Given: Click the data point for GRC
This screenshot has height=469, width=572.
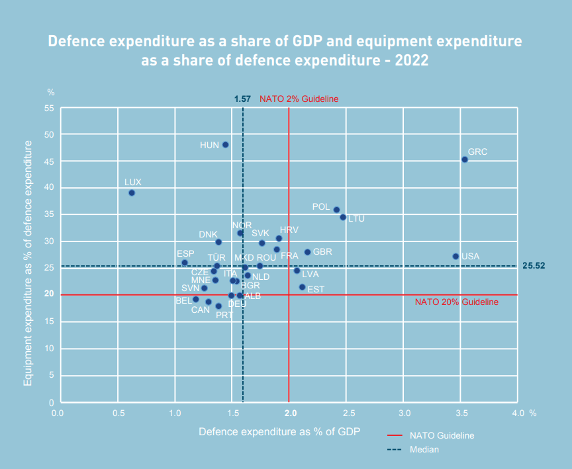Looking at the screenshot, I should point(465,159).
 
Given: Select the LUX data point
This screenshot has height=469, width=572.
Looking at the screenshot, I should point(132,193).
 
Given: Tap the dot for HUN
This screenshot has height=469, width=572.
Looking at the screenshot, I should point(225,145).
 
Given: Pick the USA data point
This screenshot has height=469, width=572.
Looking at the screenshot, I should point(455,256).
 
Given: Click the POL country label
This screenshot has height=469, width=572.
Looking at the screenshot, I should point(321,207).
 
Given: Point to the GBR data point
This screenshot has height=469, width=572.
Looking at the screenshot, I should point(307,252).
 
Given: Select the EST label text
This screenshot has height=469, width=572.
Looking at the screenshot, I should point(316,289).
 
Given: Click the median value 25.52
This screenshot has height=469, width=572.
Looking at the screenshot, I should point(533,266).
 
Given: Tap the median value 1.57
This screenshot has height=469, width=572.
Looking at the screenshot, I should point(242,99).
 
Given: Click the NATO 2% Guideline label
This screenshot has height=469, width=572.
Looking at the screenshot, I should point(299,99).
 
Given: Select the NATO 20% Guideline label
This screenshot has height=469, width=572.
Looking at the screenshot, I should point(456,302).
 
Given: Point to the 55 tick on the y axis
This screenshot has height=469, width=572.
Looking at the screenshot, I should point(49,108).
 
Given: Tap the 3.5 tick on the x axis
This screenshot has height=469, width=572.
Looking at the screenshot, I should point(461,413).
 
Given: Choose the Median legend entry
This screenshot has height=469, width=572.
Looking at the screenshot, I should point(424,449).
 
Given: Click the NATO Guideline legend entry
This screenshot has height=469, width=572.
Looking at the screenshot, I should point(442,435).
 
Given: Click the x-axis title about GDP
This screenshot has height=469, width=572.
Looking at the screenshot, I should point(279,432).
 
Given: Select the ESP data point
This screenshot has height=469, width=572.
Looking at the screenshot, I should point(185,263).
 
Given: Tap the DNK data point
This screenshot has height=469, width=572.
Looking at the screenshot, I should point(218,242).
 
